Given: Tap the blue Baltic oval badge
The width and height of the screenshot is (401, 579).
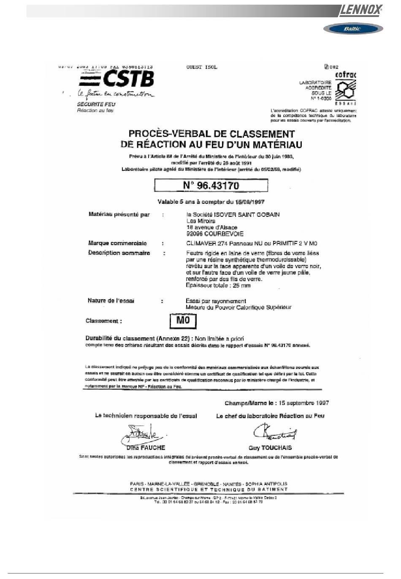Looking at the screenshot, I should pyautogui.click(x=353, y=29).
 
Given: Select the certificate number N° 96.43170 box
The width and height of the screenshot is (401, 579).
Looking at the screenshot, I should pyautogui.click(x=211, y=186).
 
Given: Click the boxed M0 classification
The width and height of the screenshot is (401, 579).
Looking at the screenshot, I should pyautogui.click(x=183, y=320).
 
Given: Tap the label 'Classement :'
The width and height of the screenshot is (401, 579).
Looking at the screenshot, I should pyautogui.click(x=104, y=321).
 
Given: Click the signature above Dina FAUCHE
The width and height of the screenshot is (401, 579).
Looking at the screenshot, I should pyautogui.click(x=141, y=433).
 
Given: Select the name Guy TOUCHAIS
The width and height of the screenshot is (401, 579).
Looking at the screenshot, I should pyautogui.click(x=270, y=448).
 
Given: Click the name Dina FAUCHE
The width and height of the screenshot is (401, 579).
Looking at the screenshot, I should pyautogui.click(x=146, y=448).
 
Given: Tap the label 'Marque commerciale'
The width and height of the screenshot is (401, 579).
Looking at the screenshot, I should pyautogui.click(x=117, y=243).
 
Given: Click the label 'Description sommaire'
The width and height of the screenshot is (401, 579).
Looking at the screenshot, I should pyautogui.click(x=119, y=253).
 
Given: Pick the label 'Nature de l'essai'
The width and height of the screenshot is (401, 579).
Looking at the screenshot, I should pyautogui.click(x=111, y=301).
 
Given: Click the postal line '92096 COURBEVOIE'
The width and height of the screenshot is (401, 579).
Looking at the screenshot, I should pyautogui.click(x=215, y=234).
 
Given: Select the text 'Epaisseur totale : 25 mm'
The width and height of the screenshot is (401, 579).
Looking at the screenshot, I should pyautogui.click(x=218, y=286).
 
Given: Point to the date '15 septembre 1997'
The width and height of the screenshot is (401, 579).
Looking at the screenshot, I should pyautogui.click(x=303, y=403).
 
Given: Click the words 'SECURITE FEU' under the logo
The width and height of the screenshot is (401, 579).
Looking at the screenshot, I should pyautogui.click(x=96, y=104).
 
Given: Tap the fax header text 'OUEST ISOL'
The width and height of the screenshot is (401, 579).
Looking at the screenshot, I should pyautogui.click(x=202, y=67).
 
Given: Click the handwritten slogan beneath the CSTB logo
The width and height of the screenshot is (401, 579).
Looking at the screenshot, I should pyautogui.click(x=115, y=94).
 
